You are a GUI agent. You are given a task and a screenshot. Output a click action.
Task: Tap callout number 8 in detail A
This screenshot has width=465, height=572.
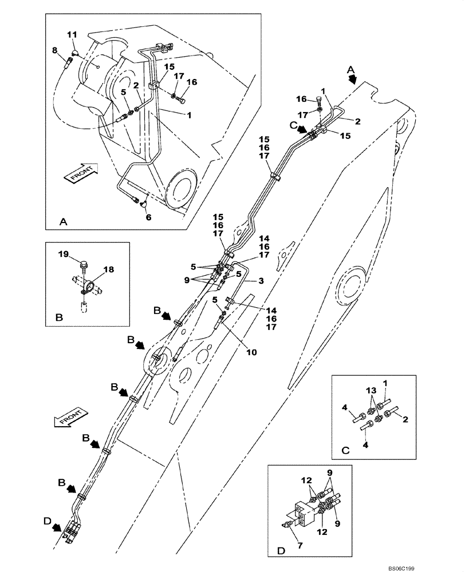pyautogui.click(x=55, y=50)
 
